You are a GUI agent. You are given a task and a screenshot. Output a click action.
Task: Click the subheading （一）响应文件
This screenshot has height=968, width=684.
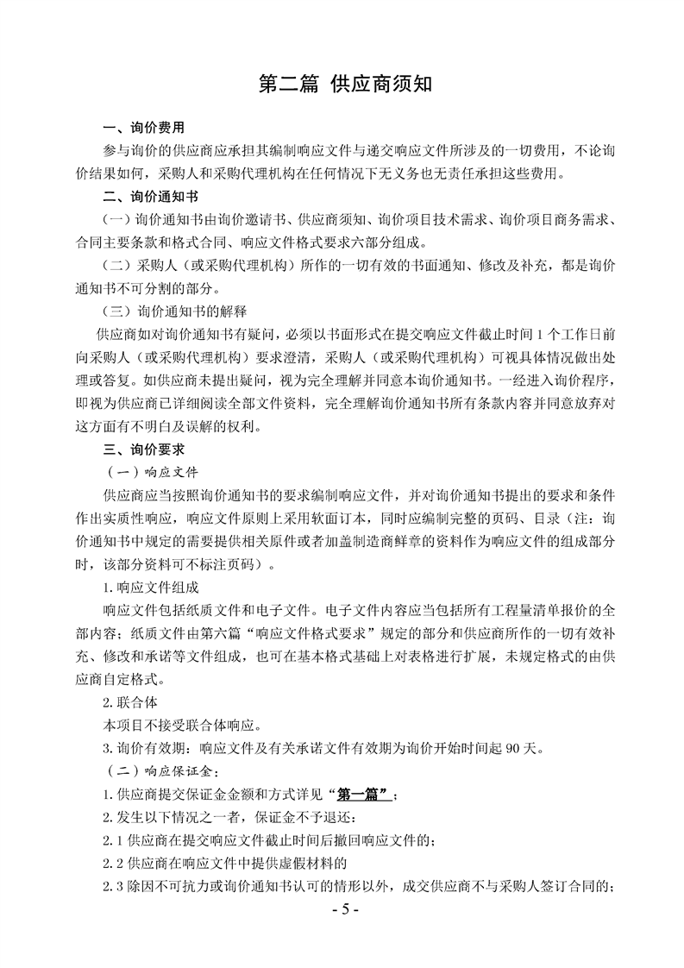click(x=150, y=472)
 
